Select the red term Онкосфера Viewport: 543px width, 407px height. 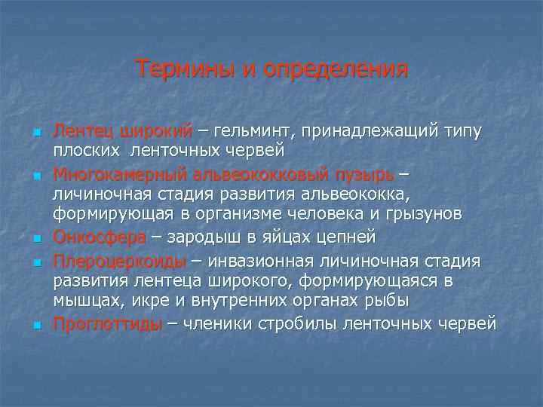[99, 237]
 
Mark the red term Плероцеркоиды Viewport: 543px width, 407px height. [119, 262]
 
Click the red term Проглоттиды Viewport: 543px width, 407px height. [107, 324]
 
